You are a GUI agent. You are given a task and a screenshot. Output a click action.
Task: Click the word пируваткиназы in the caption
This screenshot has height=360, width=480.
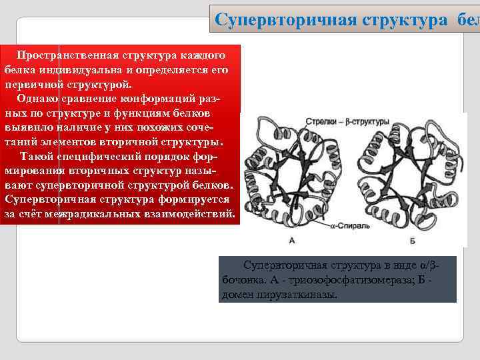coord(297,294)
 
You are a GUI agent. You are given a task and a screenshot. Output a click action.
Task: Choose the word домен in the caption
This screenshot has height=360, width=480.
coord(237,294)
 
